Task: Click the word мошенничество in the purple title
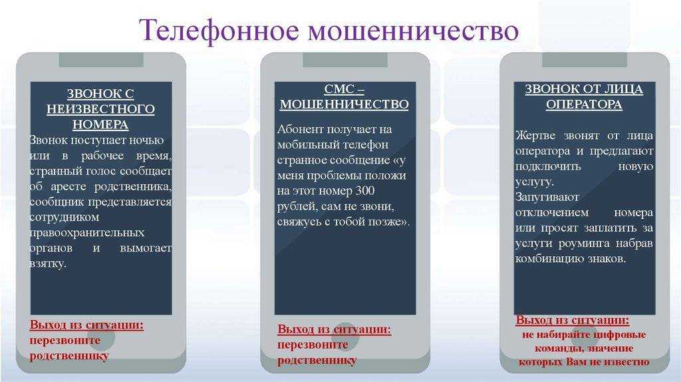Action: pos(414,31)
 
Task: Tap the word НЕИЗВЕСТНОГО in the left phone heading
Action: pos(100,109)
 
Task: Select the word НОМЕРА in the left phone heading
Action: pos(100,124)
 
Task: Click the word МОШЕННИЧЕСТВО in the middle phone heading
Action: pos(344,104)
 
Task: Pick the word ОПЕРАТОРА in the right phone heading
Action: pos(584,104)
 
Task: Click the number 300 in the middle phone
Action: pos(365,191)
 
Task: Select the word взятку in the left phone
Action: pos(48,264)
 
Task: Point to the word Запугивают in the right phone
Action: pos(547,197)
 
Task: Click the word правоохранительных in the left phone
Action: pos(87,233)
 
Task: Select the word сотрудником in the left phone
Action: pos(65,218)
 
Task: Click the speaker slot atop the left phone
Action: pos(101,60)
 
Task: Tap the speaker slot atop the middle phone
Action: pos(345,60)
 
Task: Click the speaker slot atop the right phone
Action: pos(584,60)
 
